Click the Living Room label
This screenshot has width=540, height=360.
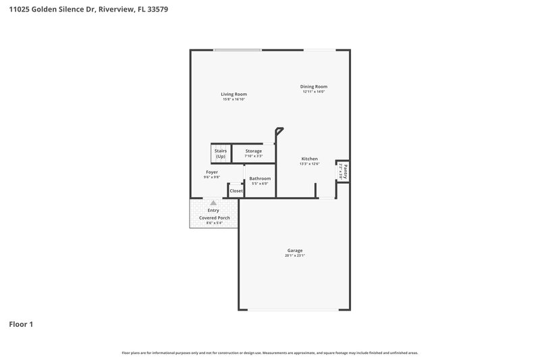click(x=234, y=94)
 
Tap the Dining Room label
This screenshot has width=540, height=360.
click(x=314, y=86)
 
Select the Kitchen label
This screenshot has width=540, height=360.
click(x=309, y=159)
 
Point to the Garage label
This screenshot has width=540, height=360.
click(x=295, y=251)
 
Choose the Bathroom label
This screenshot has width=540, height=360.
click(x=260, y=178)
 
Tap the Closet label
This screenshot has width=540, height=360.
click(x=236, y=190)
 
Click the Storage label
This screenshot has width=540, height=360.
click(x=253, y=151)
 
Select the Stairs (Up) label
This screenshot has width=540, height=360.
click(x=221, y=153)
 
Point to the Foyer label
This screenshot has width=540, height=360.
click(x=212, y=172)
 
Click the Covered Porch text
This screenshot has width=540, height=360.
click(x=213, y=218)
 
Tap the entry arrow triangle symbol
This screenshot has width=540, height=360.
click(x=213, y=203)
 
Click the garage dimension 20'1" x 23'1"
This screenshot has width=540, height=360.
click(x=295, y=256)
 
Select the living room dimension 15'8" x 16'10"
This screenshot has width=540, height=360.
click(x=234, y=99)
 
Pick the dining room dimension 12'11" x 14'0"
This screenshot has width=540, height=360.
click(x=314, y=92)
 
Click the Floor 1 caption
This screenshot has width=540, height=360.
click(x=21, y=324)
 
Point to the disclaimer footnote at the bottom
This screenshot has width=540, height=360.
click(x=269, y=353)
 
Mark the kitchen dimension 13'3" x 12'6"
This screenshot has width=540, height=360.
click(x=309, y=164)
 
